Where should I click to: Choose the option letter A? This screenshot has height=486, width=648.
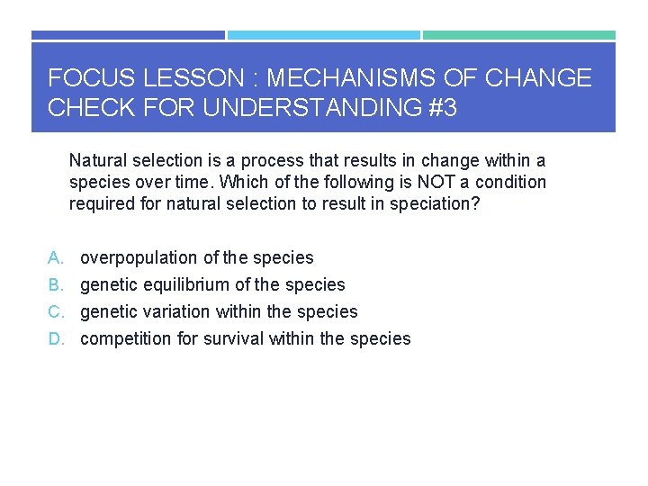pyautogui.click(x=55, y=258)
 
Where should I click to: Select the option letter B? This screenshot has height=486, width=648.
pyautogui.click(x=55, y=285)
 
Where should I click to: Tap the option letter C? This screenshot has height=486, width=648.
pyautogui.click(x=55, y=312)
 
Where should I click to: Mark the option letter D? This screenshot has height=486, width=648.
pyautogui.click(x=55, y=339)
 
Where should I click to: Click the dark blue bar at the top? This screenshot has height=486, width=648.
pyautogui.click(x=128, y=35)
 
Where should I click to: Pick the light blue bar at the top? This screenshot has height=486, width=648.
pyautogui.click(x=323, y=35)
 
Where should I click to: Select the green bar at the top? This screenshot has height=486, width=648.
pyautogui.click(x=519, y=35)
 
